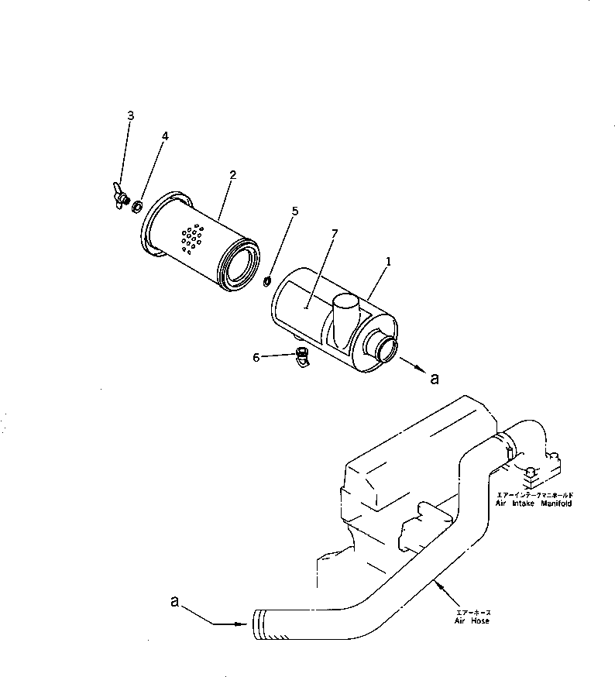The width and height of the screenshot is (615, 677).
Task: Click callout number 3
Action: click(130, 115)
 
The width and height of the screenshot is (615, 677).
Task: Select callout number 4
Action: click(164, 136)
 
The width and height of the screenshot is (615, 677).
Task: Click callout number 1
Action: click(388, 262)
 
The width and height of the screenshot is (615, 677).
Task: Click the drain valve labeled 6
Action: click(301, 358)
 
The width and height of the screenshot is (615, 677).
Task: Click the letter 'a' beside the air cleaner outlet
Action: click(435, 378)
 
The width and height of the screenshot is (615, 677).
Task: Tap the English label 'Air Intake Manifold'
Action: click(534, 503)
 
